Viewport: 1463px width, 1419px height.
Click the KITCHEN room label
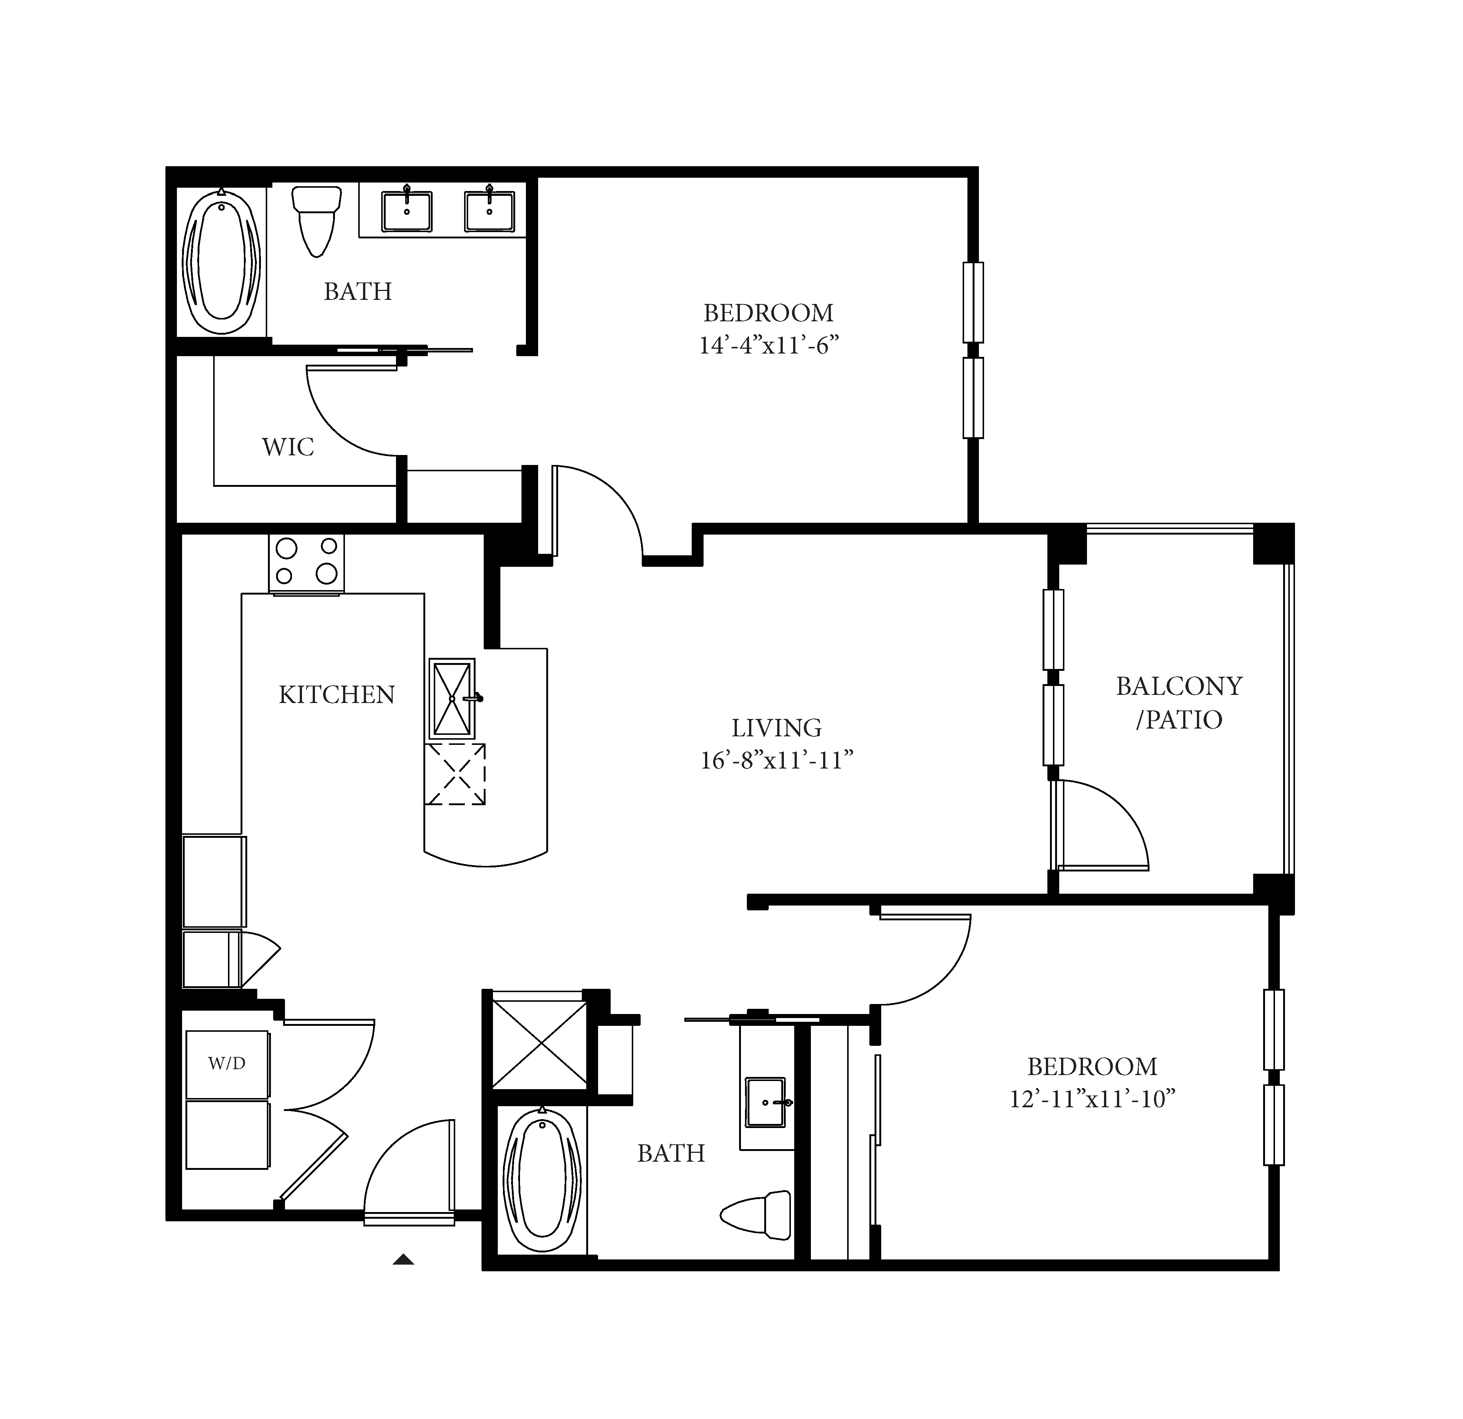click(337, 695)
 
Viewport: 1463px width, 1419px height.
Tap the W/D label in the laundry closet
click(227, 1064)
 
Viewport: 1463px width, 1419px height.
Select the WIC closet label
click(288, 447)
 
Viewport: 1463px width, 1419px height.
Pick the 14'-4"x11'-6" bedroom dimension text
click(769, 346)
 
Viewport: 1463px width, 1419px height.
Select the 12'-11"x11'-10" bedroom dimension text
click(1093, 1100)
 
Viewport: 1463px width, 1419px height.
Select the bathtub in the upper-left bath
click(222, 261)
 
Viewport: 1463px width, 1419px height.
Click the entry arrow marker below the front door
click(403, 1259)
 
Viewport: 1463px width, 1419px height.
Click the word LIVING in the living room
click(776, 728)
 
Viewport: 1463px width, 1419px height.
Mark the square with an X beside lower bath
click(540, 1045)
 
